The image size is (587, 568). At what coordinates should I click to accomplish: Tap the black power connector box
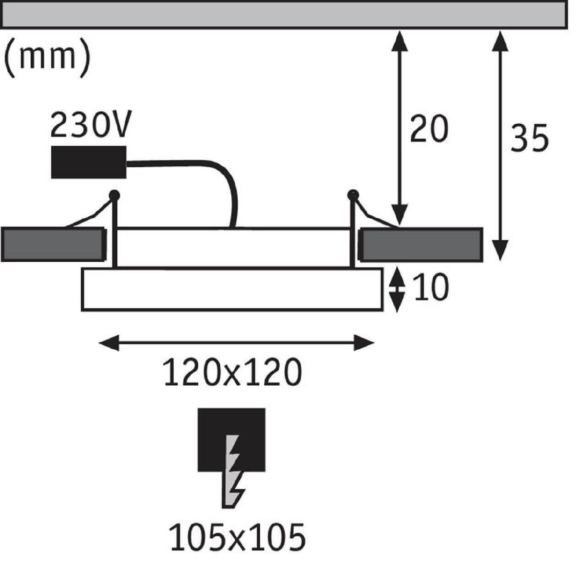(89, 162)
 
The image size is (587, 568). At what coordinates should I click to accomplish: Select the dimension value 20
(429, 130)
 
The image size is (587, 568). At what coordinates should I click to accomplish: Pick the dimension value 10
(430, 288)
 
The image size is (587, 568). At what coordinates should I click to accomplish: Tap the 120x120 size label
(232, 373)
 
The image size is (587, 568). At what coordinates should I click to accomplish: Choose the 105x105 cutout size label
(237, 537)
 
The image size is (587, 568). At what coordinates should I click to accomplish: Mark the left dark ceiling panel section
(53, 244)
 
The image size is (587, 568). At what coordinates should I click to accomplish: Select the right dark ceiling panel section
(421, 244)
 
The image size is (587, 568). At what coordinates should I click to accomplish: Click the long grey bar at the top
(284, 13)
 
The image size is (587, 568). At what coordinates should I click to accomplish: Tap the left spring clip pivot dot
(114, 195)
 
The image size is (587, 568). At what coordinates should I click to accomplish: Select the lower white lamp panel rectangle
(232, 289)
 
